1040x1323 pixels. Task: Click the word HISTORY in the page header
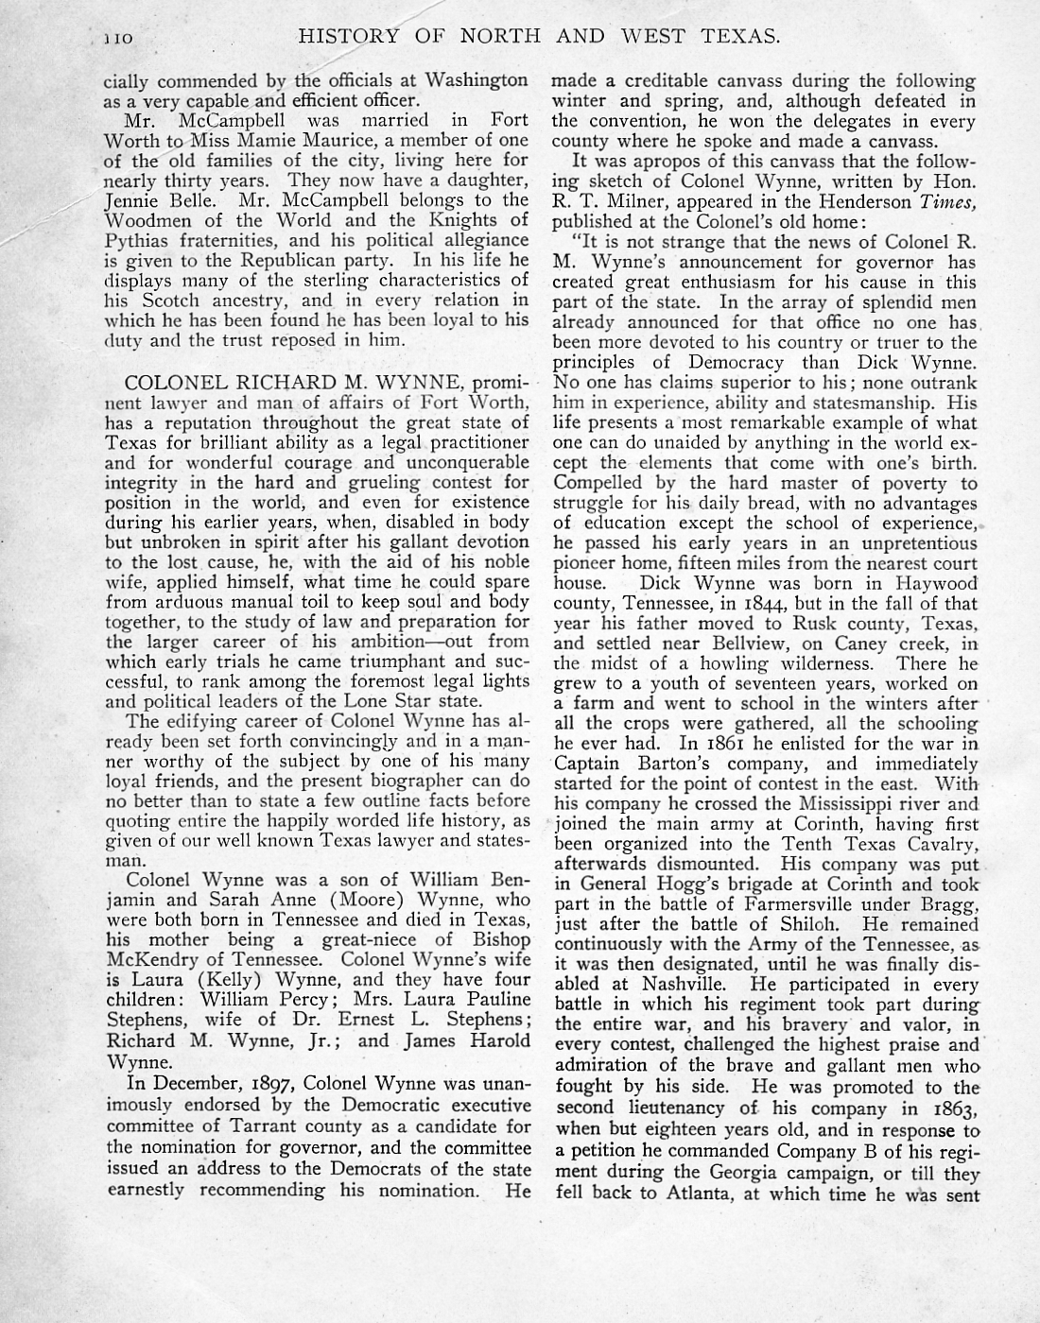point(339,37)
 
